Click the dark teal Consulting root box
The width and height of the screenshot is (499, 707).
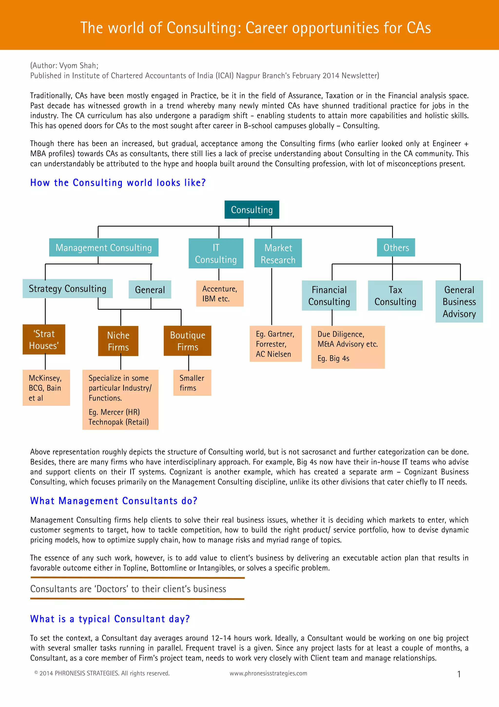click(x=251, y=210)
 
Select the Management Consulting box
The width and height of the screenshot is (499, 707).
click(x=104, y=248)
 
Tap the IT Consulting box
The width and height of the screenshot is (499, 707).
click(x=216, y=253)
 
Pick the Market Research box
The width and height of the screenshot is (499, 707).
click(x=278, y=253)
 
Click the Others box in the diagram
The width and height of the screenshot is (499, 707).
click(x=396, y=248)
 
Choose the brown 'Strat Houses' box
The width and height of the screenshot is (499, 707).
click(x=44, y=339)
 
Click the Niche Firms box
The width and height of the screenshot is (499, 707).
click(x=118, y=341)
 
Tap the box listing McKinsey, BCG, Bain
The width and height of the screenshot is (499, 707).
click(x=46, y=388)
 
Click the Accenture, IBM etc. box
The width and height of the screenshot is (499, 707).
click(x=220, y=293)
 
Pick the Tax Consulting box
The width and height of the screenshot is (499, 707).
click(x=395, y=296)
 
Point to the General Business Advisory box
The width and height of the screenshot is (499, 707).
click(x=459, y=302)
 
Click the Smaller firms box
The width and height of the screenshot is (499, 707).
click(x=192, y=383)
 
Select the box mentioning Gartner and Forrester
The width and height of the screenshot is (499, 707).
click(x=276, y=344)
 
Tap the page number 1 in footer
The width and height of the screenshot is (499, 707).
click(x=459, y=674)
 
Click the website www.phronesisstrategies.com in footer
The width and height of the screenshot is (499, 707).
click(x=268, y=673)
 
